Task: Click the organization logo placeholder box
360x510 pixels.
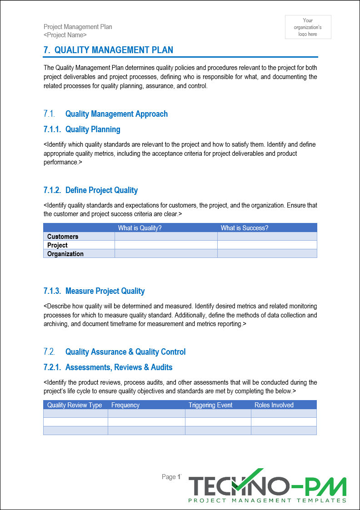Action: click(308, 27)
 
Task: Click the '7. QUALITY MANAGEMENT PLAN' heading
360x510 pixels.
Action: click(108, 50)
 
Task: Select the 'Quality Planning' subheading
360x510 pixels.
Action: click(93, 129)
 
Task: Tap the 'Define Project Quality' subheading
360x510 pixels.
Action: click(101, 190)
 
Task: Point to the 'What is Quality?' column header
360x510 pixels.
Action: click(140, 228)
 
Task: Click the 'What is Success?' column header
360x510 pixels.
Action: click(244, 228)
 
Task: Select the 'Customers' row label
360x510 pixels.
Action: click(63, 237)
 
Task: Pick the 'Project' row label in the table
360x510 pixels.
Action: click(57, 245)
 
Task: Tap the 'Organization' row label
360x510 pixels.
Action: click(65, 254)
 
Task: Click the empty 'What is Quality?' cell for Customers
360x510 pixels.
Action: click(166, 237)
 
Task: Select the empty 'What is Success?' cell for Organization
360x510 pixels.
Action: click(267, 254)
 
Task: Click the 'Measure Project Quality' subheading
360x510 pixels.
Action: click(105, 291)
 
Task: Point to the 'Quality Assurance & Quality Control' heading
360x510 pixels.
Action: click(125, 352)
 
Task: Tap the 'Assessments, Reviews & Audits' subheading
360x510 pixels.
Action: click(119, 367)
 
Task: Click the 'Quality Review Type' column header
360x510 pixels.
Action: click(75, 405)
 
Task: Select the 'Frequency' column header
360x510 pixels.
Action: click(125, 405)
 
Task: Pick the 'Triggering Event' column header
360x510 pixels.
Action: click(210, 405)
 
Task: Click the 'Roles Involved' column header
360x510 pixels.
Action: click(274, 405)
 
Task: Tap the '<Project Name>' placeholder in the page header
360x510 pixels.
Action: click(65, 35)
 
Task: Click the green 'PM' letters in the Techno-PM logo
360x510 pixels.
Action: click(326, 486)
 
